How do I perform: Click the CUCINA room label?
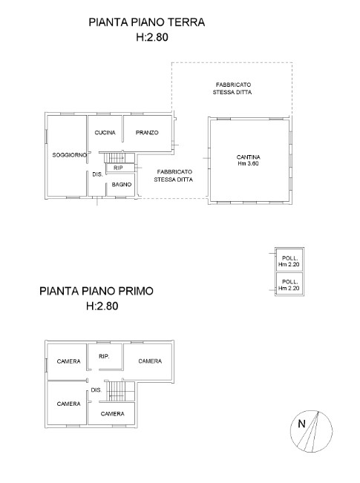pos(105,133)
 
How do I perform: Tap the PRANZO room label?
pos(147,133)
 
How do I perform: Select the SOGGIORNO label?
pos(70,155)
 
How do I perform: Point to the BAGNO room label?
pos(122,185)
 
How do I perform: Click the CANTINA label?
pos(248,157)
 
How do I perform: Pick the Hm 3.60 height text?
pos(248,163)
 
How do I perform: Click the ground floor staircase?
pos(120,157)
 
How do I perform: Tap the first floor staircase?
pos(120,391)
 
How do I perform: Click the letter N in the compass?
pos(301,424)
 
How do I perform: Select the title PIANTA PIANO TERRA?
pos(147,22)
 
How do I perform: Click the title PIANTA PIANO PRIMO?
pos(96,291)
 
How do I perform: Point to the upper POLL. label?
pos(289,258)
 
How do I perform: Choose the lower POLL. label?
pos(289,282)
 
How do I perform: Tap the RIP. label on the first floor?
pos(104,356)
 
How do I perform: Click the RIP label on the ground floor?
pos(118,168)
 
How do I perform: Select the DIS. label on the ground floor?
pos(97,174)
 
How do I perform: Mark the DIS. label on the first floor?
pos(96,390)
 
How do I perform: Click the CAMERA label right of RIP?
pos(150,361)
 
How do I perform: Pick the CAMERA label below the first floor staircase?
pos(113,414)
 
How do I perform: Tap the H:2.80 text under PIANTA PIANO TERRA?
pos(152,37)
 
